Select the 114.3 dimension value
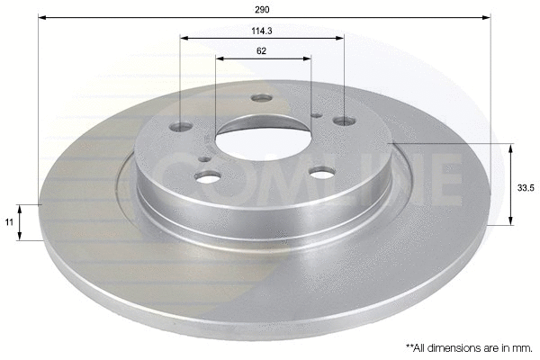pyautogui.click(x=262, y=30)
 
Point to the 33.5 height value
pyautogui.click(x=522, y=187)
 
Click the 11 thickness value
pyautogui.click(x=10, y=221)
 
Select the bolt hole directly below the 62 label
pyautogui.click(x=261, y=97)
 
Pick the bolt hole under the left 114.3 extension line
pyautogui.click(x=182, y=127)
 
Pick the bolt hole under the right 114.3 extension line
pyautogui.click(x=343, y=120)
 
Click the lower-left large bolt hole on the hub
pyautogui.click(x=208, y=177)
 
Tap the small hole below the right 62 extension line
pyautogui.click(x=313, y=113)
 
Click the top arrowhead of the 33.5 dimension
pyautogui.click(x=512, y=147)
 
